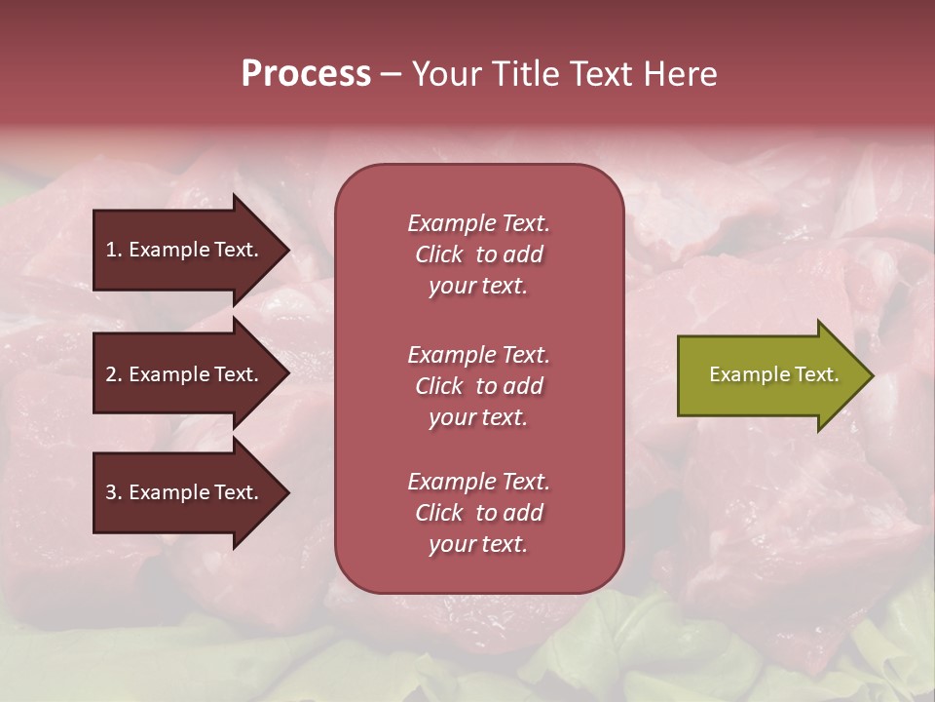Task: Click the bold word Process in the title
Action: point(306,74)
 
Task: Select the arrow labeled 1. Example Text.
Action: point(185,250)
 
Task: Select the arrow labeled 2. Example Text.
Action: point(185,374)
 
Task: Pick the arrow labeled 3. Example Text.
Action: point(185,492)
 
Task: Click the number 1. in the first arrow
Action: point(114,250)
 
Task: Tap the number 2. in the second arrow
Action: point(114,374)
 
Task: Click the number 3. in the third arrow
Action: point(114,492)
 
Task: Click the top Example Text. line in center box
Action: point(478,223)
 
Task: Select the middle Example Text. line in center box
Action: point(478,355)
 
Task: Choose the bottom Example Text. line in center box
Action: point(478,482)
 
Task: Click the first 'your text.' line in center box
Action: point(478,287)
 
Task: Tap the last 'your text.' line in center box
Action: point(478,545)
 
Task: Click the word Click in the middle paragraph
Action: point(438,386)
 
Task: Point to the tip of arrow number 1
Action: point(287,250)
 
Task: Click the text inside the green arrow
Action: point(773,374)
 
